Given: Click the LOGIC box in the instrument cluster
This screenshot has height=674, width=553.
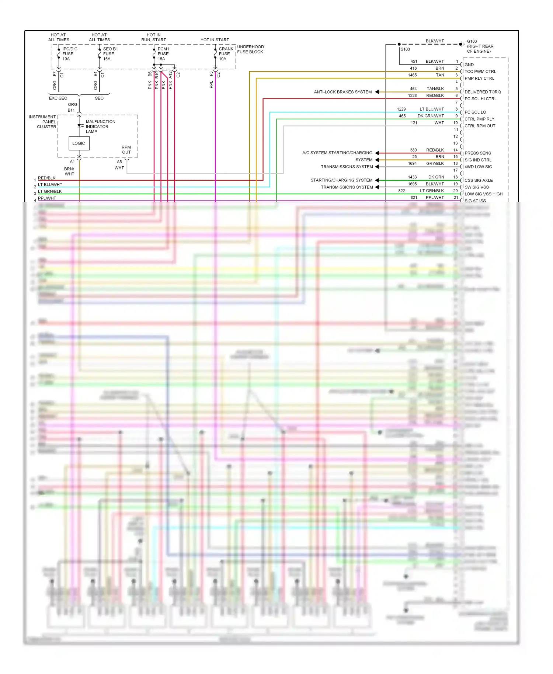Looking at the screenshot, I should coord(79,143).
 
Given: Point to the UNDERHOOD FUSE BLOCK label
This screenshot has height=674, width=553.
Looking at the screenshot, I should coord(250,49).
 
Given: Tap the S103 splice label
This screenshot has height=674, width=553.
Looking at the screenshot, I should coord(405,49).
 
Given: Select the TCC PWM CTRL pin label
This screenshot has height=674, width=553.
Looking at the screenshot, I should coord(480,72).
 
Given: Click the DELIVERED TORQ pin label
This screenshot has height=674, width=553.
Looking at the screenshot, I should coord(482,92).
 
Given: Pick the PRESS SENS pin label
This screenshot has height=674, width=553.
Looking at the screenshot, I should coord(477,153).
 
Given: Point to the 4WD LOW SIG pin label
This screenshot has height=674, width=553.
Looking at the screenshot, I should coord(478,167).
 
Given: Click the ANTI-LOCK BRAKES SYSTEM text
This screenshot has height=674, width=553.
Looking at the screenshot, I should coord(342,92).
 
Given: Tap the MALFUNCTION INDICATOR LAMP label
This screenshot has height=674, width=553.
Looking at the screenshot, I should coord(100,126).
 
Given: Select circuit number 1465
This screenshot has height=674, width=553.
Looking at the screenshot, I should coord(412,75).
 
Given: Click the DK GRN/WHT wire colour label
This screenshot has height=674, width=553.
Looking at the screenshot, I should coord(431,116).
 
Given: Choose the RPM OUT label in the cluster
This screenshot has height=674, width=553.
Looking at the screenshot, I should coord(126,150).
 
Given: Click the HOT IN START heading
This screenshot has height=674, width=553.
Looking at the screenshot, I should coord(215,40).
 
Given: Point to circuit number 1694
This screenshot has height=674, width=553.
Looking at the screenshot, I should coord(412,164).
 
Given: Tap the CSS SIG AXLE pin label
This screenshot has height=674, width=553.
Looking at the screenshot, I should coord(478,180).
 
